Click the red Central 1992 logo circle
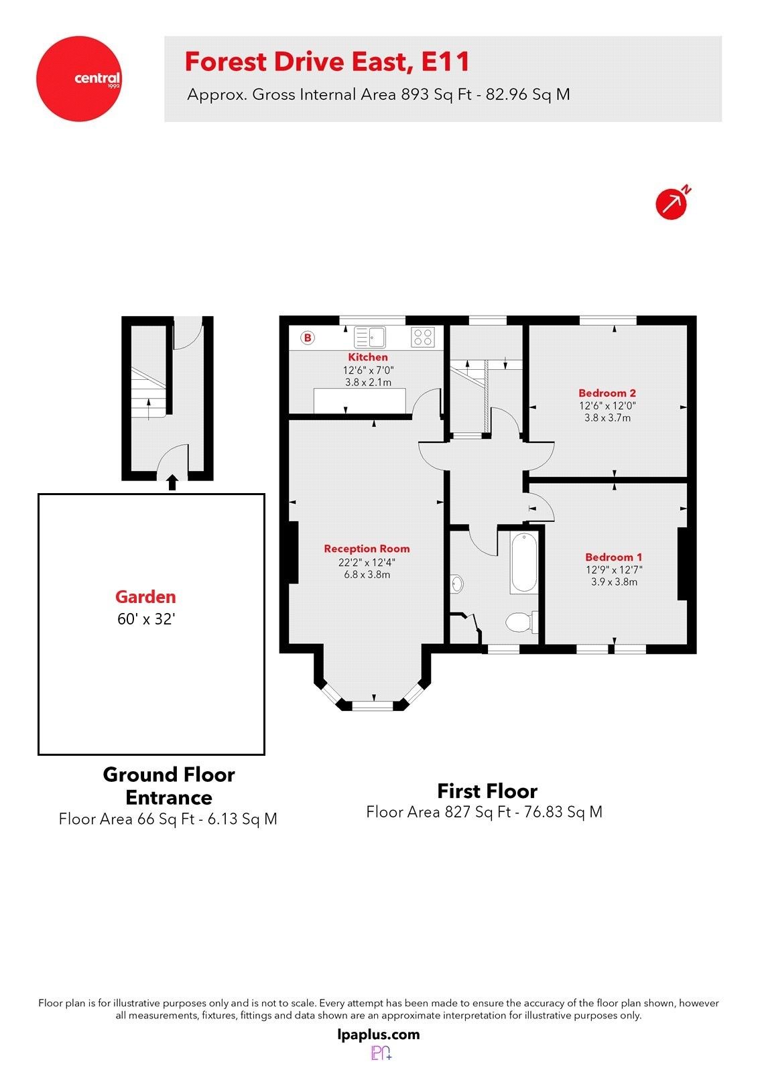[x=78, y=78]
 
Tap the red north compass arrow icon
[x=671, y=203]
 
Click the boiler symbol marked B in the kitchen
[x=308, y=338]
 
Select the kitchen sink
[x=370, y=337]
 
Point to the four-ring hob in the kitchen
[x=422, y=336]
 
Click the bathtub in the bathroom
[x=523, y=562]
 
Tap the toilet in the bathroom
[x=520, y=622]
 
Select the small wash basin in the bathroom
[x=457, y=584]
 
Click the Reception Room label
[x=367, y=549]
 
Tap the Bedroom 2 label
[x=607, y=393]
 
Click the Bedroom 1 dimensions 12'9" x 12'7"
[x=614, y=569]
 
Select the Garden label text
[x=145, y=596]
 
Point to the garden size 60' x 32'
[x=145, y=619]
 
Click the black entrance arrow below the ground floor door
[x=172, y=482]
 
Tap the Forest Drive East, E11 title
[x=327, y=62]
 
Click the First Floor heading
[x=487, y=791]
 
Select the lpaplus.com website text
[x=379, y=1034]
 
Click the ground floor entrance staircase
[x=147, y=395]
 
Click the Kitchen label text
[x=367, y=357]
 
